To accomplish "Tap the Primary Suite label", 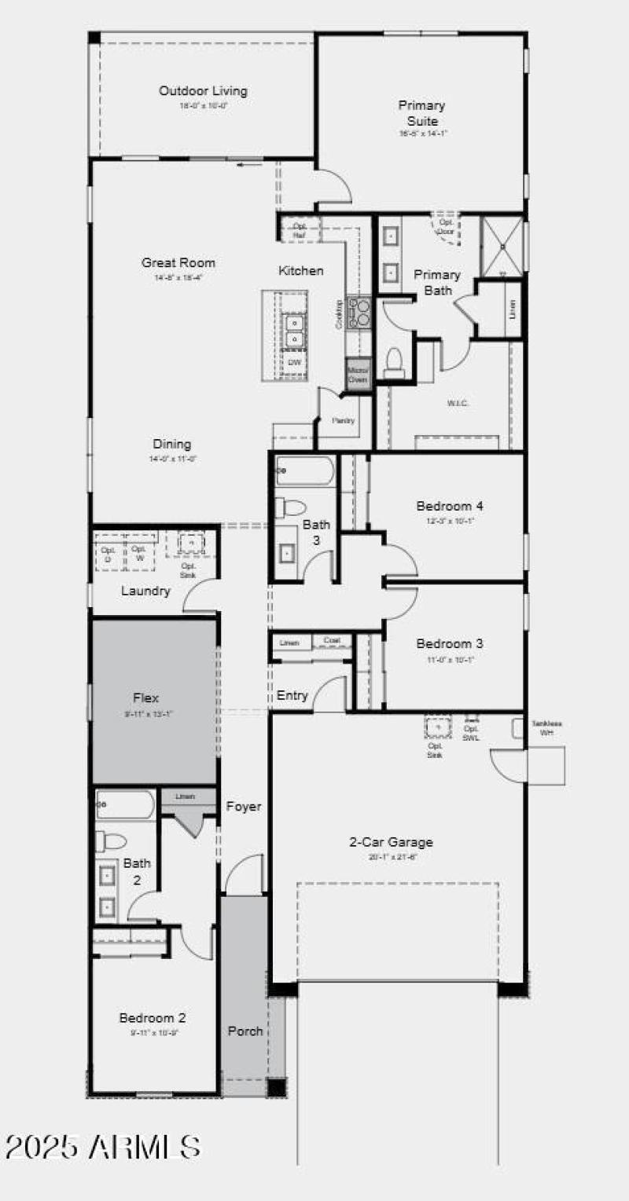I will coord(422,113).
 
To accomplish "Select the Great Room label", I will coord(178,263).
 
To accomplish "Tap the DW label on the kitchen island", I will coord(295,362).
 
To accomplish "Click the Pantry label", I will coord(343,421).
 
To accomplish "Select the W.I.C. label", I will coord(458,404).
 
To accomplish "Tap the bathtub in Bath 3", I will coord(305,471).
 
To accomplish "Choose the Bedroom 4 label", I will coord(445,507).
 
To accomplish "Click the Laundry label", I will coord(145,591).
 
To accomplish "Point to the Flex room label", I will coord(145,698).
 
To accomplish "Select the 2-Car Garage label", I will coord(391,843).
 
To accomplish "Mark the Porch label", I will coord(245,1031).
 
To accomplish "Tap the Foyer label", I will coord(244,807).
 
